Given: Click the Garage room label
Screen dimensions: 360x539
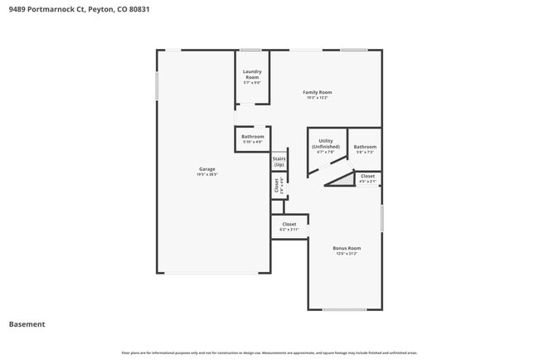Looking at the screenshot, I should tap(206, 169).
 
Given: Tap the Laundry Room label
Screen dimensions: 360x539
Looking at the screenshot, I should tap(252, 75).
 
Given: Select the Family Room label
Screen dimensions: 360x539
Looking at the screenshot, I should tap(317, 92).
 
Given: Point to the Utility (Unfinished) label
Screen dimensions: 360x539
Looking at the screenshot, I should tap(326, 144).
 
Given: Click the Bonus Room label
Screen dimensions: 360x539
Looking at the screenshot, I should tap(347, 248).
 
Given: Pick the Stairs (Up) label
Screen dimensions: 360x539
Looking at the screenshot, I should tap(279, 161).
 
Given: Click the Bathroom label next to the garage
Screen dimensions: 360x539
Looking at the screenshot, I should tap(253, 137).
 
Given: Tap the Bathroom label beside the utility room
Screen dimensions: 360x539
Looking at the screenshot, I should tap(365, 147).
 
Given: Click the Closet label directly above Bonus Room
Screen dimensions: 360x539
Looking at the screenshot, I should tap(289, 224).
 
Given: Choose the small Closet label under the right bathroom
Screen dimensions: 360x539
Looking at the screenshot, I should tap(367, 176).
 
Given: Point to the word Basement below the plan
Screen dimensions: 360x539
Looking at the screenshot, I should tap(27, 324).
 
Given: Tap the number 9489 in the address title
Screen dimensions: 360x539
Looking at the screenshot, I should tap(17, 9).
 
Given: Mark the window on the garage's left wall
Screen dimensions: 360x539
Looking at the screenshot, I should tap(157, 86).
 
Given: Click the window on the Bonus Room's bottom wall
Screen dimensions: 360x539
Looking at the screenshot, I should tap(344, 310).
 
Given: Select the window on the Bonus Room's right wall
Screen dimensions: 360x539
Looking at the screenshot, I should tap(382, 218).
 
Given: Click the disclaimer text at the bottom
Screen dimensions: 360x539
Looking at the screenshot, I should tap(269, 353).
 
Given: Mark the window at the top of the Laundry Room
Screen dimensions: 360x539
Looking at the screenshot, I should tap(251, 50).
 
